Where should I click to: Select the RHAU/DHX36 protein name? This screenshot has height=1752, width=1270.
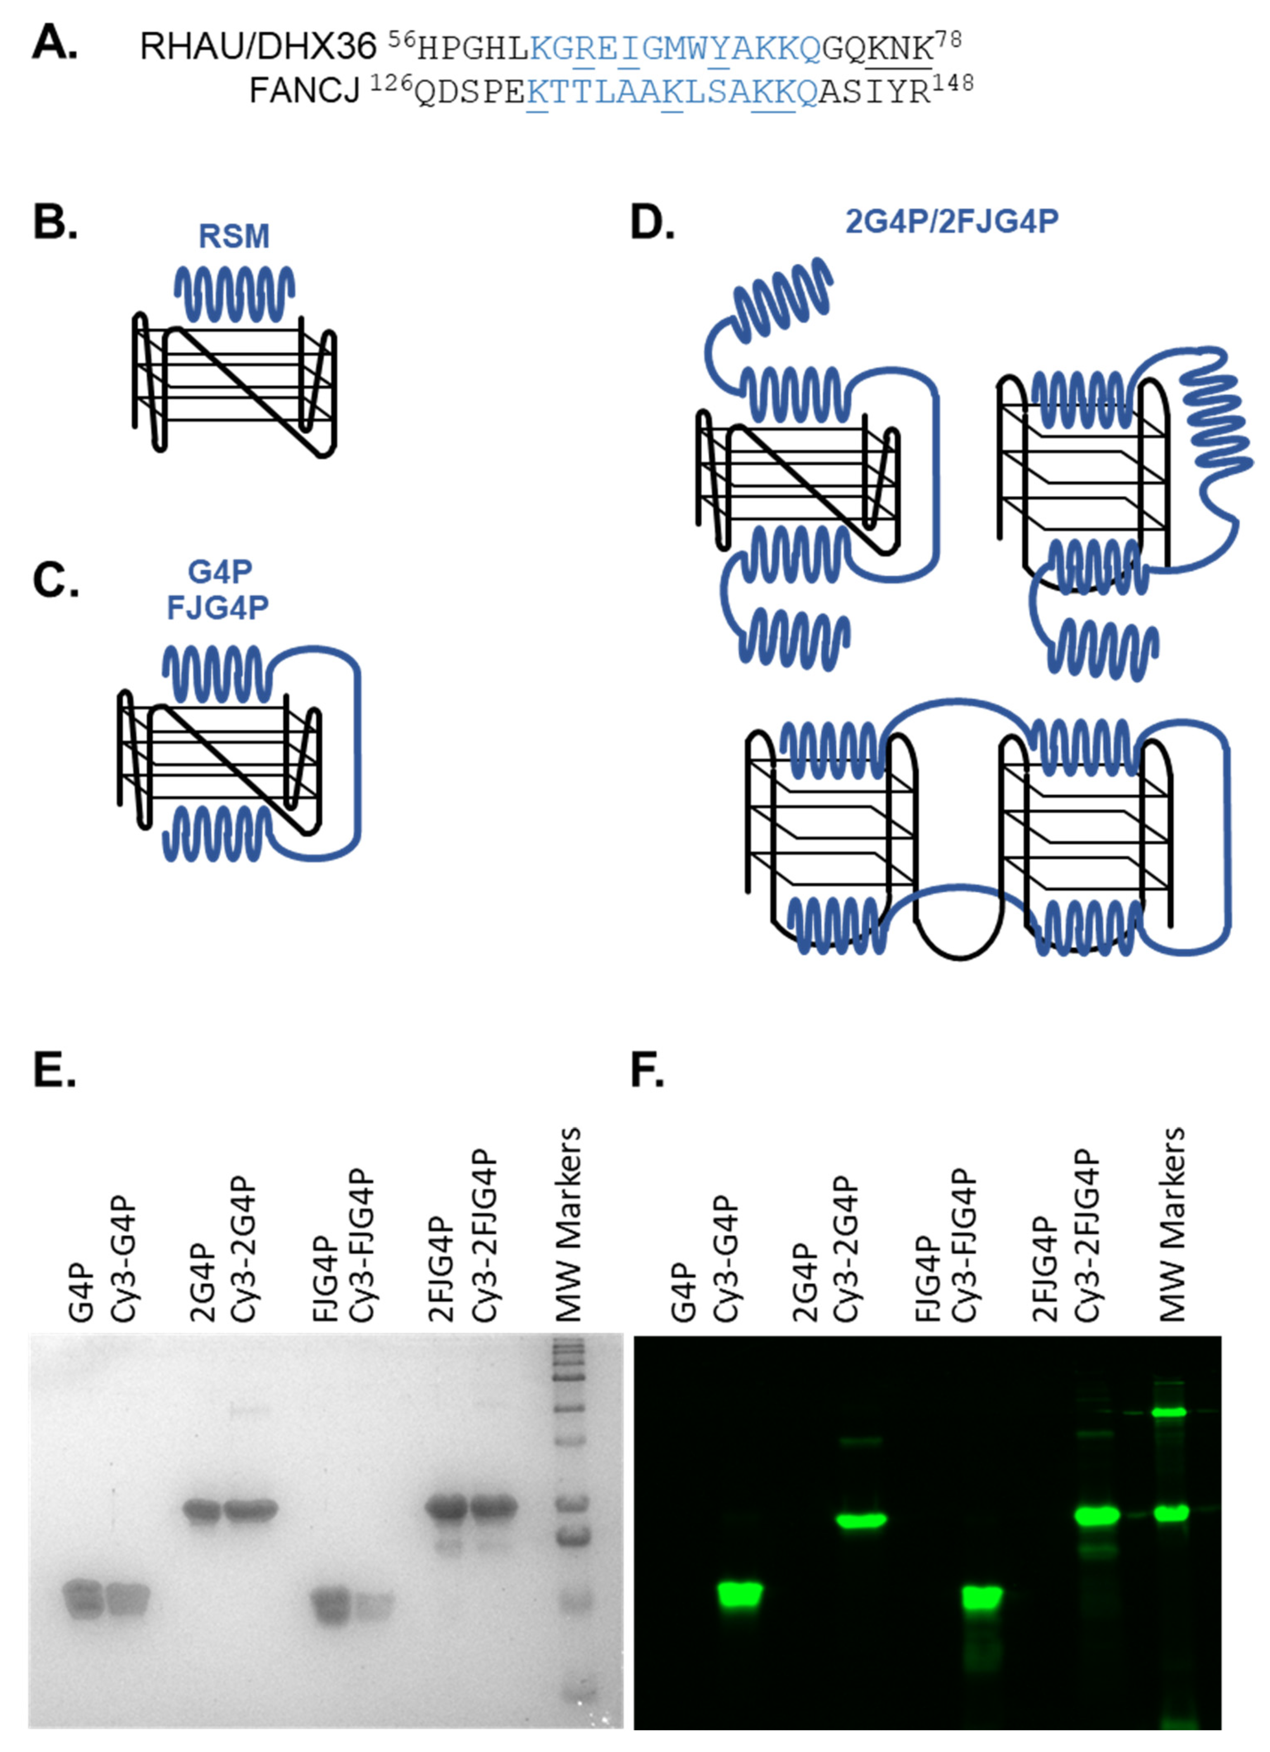pyautogui.click(x=257, y=48)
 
